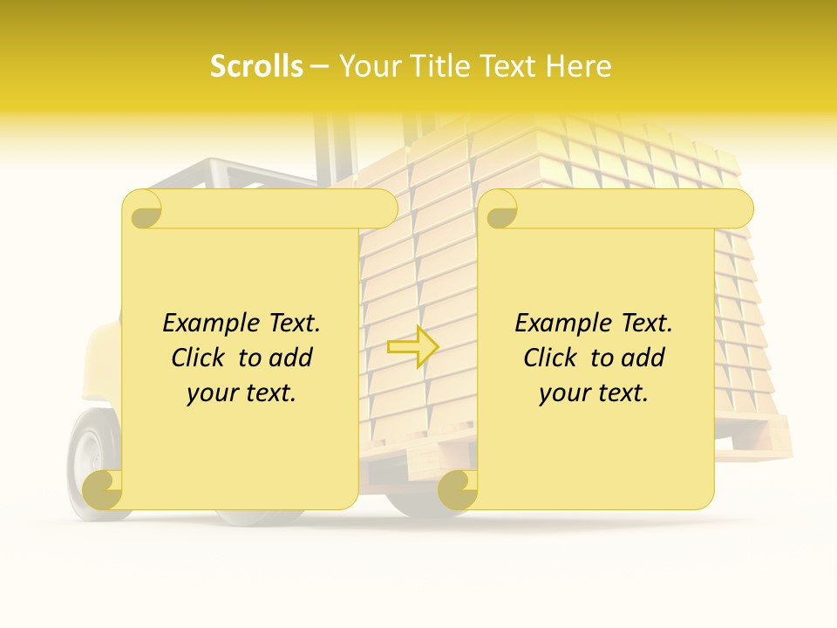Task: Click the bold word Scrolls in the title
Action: (257, 65)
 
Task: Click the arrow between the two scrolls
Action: (412, 346)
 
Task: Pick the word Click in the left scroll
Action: (201, 358)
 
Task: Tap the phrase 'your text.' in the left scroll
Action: (242, 392)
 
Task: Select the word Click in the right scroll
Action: (553, 358)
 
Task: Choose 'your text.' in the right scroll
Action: (594, 392)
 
